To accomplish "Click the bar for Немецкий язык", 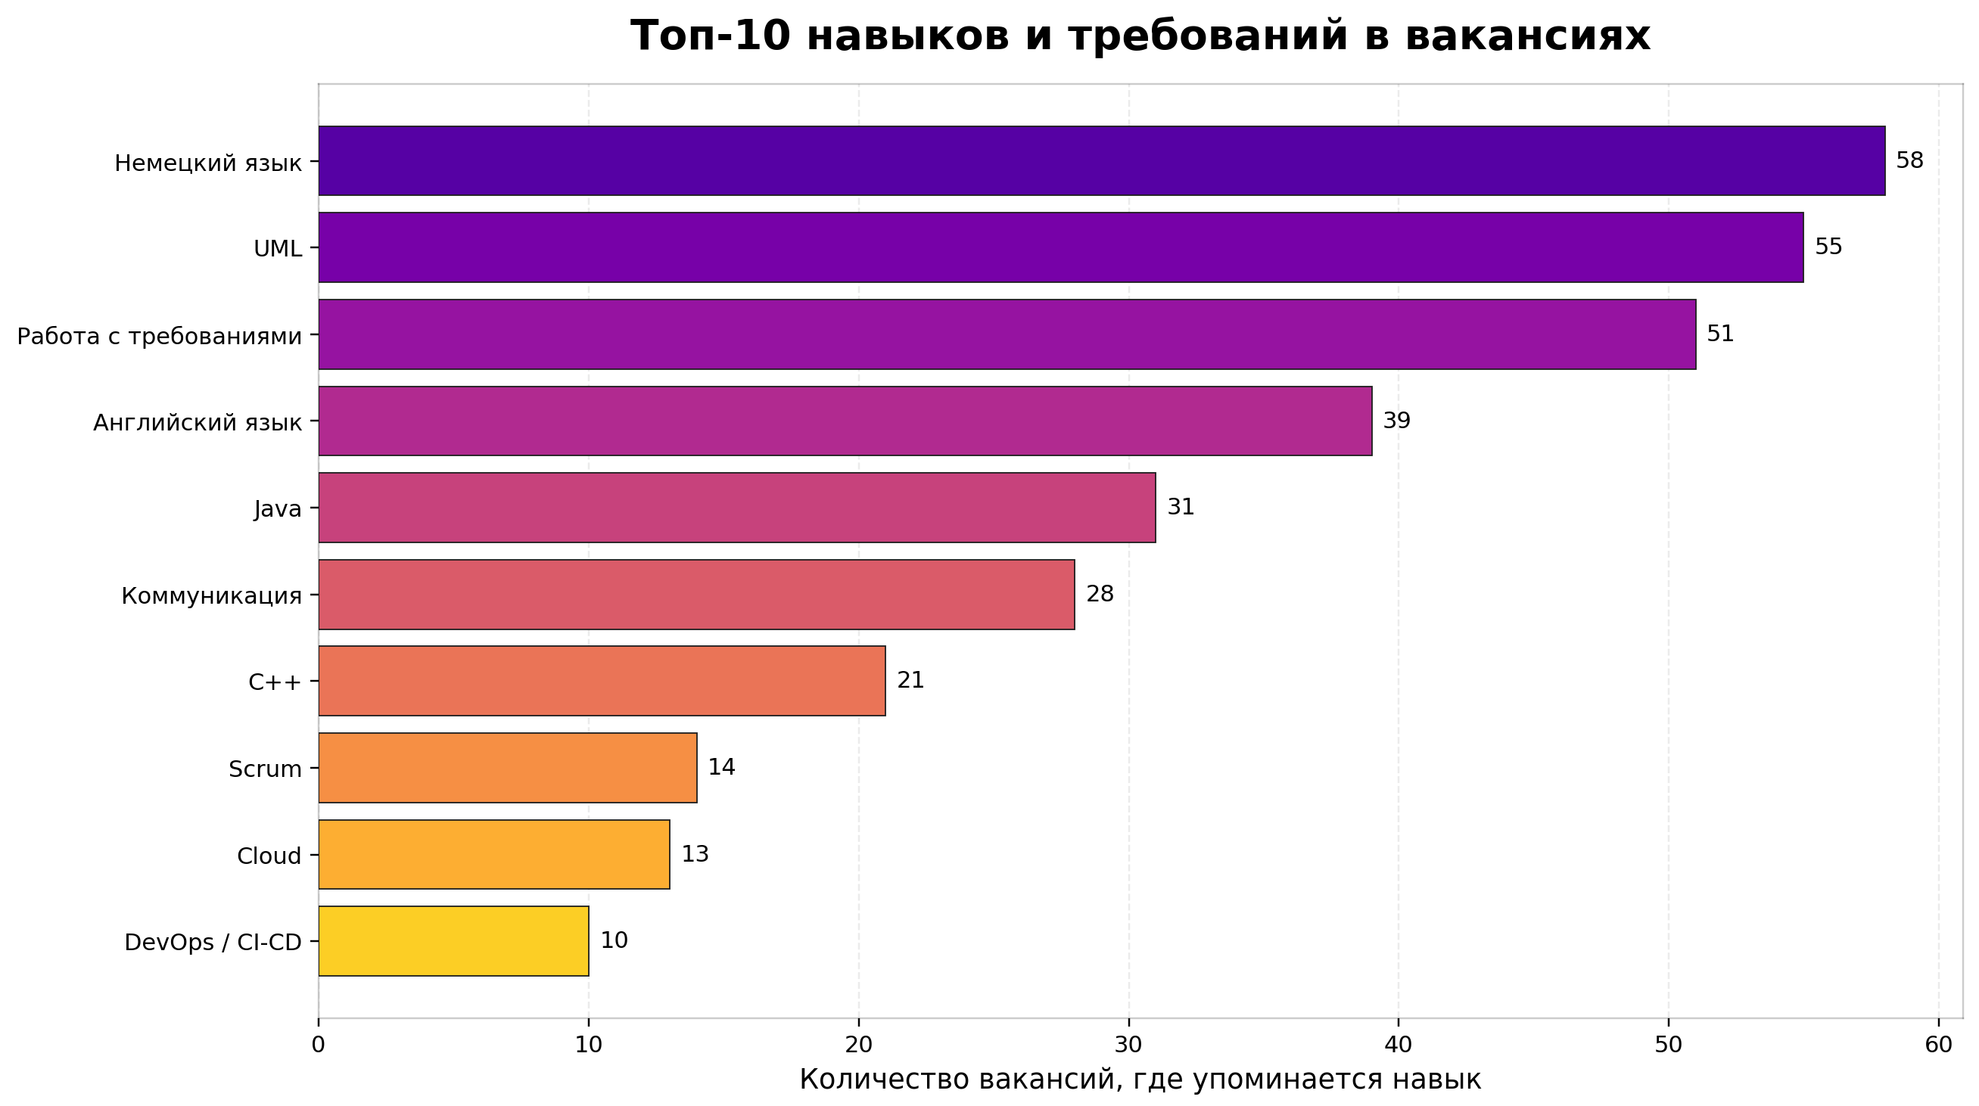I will coord(1102,160).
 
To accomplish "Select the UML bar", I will coord(1060,247).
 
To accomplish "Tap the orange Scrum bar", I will coord(507,767).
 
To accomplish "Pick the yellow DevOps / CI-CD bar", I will coord(453,941).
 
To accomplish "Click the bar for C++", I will coord(602,681).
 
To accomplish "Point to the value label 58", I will coord(1909,160).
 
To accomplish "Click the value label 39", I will coord(1396,421).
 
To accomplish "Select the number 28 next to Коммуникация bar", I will coord(1100,594).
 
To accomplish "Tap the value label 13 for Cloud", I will coord(695,854).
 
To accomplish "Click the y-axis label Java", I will coord(277,508).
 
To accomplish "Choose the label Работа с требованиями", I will coord(159,337).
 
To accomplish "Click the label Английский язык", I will coord(198,423).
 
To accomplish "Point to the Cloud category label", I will coord(269,856).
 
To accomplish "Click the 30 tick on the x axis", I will coord(1128,1045).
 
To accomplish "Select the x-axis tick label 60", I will coord(1938,1045).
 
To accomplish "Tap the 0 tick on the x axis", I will coord(318,1045).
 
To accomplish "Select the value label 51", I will coord(1720,334).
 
